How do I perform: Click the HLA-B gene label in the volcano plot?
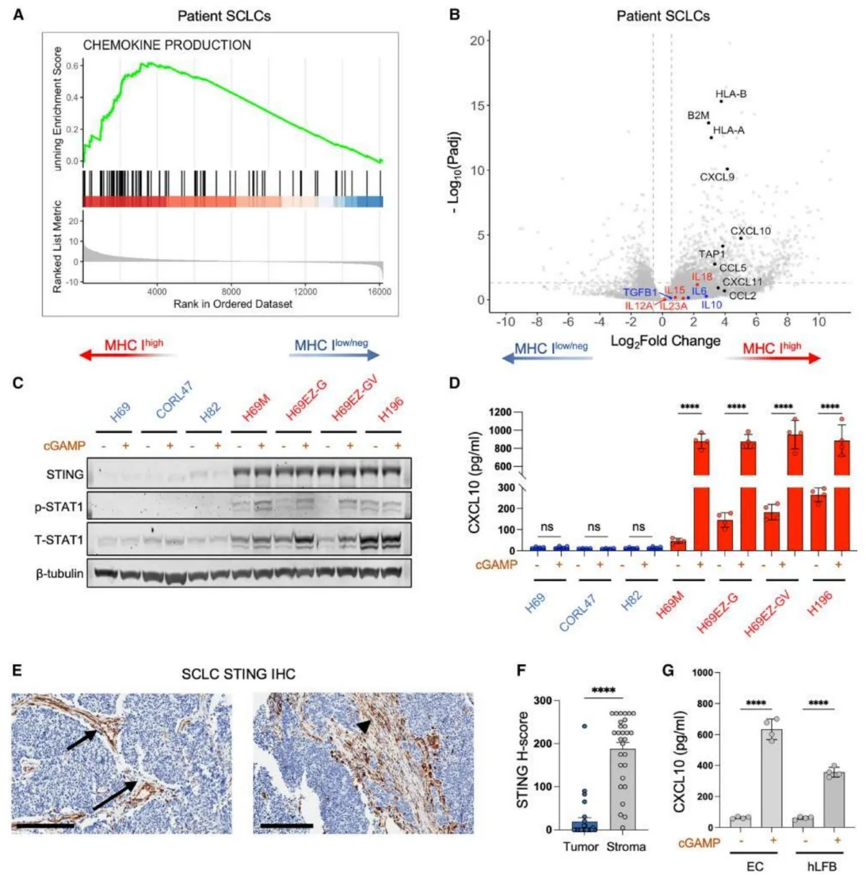point(730,94)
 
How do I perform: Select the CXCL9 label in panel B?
point(717,177)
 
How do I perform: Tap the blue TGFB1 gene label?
point(639,293)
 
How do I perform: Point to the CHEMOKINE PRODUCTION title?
point(167,45)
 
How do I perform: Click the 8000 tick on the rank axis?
point(231,291)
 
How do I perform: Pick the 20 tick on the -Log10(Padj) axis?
point(477,40)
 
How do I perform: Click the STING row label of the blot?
point(65,474)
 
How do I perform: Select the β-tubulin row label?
point(59,574)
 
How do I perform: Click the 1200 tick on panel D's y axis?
point(500,412)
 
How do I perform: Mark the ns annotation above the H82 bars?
point(638,526)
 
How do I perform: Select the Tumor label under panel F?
point(580,846)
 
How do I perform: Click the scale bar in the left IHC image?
point(43,826)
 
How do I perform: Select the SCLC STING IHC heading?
point(238,674)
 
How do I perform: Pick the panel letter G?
point(668,670)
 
